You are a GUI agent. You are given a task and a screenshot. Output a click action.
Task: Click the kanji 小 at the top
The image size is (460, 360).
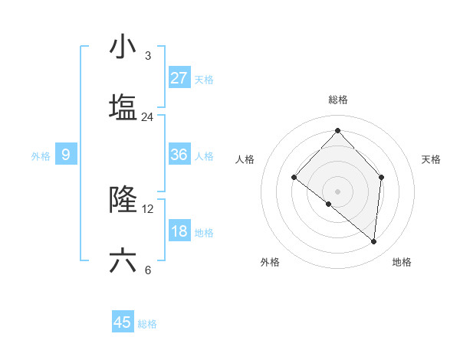123,47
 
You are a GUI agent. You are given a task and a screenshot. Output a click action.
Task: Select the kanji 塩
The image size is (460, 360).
123,108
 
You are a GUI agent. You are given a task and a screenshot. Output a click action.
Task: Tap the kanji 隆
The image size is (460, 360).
123,200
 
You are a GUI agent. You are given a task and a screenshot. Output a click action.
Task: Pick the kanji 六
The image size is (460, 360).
123,260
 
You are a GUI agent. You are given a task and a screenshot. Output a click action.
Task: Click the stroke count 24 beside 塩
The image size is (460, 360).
147,117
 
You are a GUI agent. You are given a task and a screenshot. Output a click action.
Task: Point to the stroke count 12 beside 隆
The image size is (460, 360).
148,209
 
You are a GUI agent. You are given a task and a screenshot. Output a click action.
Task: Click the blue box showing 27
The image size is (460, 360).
179,78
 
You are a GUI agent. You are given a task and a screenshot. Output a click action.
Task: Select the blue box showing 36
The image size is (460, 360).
179,155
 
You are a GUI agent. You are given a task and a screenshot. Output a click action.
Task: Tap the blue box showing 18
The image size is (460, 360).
179,231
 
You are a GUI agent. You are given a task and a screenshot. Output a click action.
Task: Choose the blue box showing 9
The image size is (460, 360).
66,155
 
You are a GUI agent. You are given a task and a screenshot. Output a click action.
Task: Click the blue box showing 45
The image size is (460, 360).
123,322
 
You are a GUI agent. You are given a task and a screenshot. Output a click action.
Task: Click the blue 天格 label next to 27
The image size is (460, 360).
203,79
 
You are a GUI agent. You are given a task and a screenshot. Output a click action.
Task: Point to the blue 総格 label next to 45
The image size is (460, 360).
147,323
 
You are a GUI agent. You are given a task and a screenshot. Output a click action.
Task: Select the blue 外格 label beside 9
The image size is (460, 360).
41,155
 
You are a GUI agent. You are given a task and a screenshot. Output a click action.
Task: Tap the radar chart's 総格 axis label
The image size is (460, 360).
337,100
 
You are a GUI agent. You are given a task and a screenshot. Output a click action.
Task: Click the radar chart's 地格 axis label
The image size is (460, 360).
402,262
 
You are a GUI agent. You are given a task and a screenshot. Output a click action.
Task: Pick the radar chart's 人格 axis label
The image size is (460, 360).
245,159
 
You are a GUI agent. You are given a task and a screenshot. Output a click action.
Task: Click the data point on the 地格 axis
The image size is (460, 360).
374,242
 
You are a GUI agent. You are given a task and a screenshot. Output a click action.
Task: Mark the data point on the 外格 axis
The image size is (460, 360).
329,204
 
